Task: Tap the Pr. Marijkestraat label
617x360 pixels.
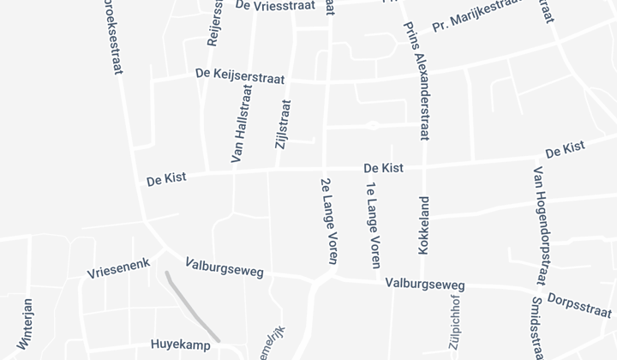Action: point(476,16)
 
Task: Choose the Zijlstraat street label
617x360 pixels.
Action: point(283,125)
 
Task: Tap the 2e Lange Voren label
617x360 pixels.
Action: point(327,220)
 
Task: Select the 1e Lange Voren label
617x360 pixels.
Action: point(373,225)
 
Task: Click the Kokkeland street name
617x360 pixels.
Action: point(423,225)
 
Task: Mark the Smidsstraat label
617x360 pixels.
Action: point(537,327)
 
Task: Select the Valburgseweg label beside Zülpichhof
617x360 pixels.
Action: point(424,284)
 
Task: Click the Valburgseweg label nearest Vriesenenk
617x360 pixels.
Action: point(224,268)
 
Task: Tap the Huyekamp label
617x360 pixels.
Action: point(180,345)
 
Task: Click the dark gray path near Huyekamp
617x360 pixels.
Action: point(190,307)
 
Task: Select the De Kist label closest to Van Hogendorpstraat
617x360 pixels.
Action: point(565,149)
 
